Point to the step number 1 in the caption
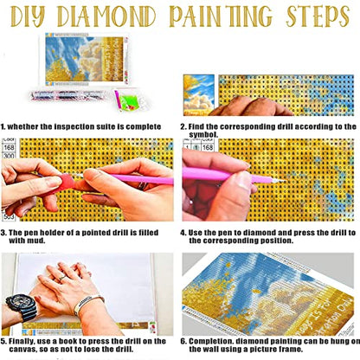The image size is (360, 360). click(x=3, y=125)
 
